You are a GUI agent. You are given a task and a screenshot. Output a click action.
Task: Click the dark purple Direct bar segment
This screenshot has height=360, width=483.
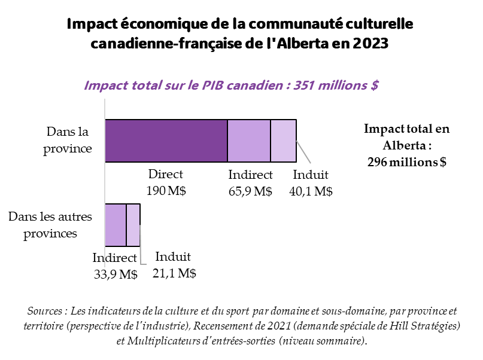[166, 141]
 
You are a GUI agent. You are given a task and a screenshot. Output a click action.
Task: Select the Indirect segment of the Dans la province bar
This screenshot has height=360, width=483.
[249, 141]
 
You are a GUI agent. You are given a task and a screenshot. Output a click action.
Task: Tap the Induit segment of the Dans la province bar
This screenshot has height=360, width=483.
[284, 141]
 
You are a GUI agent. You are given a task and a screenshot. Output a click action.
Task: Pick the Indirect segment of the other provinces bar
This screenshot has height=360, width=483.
[116, 225]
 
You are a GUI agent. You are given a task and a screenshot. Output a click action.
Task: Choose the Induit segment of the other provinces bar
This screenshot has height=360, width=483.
[133, 225]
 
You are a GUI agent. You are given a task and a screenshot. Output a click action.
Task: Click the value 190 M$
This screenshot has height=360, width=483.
[166, 191]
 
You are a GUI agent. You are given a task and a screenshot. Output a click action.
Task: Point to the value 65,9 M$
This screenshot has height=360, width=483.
[251, 191]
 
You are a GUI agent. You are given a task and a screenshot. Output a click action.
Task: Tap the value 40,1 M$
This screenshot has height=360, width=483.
[311, 191]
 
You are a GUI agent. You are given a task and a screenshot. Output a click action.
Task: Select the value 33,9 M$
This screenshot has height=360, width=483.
[116, 274]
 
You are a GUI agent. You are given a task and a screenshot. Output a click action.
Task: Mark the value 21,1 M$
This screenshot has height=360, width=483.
[175, 273]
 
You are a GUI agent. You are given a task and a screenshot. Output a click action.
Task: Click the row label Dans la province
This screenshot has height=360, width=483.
[67, 139]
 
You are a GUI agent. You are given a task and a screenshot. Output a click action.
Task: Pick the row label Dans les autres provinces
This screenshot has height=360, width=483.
[50, 224]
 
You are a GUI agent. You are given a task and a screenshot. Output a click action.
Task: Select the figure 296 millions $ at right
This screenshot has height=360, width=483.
[407, 162]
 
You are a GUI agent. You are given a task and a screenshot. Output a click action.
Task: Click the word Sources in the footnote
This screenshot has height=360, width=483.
[46, 312]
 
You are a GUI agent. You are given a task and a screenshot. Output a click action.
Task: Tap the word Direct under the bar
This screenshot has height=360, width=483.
[166, 175]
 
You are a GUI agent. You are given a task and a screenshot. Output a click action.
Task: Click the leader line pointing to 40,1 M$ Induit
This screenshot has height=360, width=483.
[304, 152]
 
